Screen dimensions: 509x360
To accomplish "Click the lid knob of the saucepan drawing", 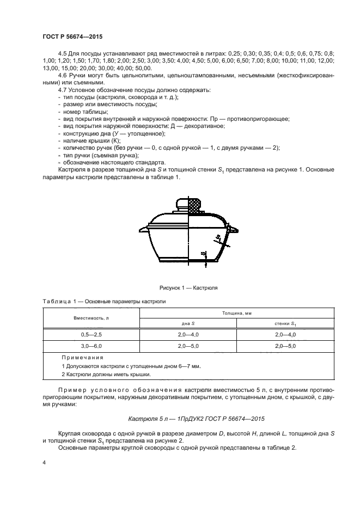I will pos(188,205).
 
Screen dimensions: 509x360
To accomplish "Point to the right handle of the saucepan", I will pos(234,231).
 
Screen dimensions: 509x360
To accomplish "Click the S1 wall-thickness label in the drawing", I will pos(217,237).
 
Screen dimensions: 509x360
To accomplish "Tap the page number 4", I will pos(44,462).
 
